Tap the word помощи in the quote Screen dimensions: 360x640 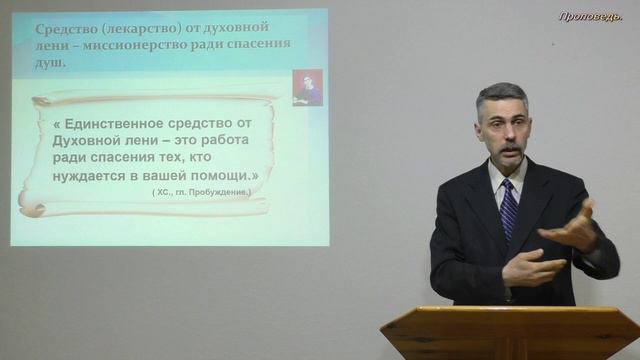click(x=220, y=175)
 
